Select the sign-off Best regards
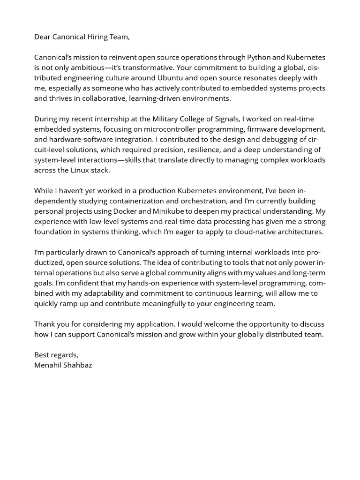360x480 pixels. [56, 355]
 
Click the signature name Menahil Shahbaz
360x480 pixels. [63, 365]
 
